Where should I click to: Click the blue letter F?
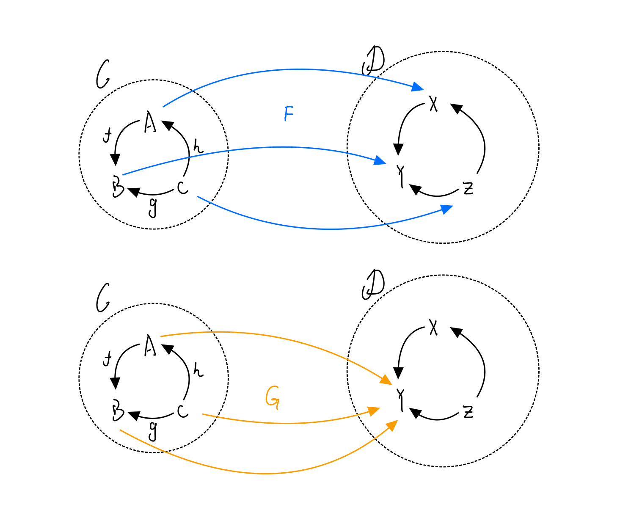288,114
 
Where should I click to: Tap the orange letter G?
272,398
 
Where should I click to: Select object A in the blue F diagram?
150,122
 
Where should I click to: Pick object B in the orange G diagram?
118,412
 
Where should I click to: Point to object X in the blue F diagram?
433,103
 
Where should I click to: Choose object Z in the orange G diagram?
468,412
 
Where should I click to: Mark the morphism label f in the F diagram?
107,136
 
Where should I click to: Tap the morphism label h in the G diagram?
198,370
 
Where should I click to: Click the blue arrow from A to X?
296,69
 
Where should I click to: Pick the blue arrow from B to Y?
275,147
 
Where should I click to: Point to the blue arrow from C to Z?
330,229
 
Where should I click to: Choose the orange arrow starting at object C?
288,423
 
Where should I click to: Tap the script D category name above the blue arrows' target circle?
373,61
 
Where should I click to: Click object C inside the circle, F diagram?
182,187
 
